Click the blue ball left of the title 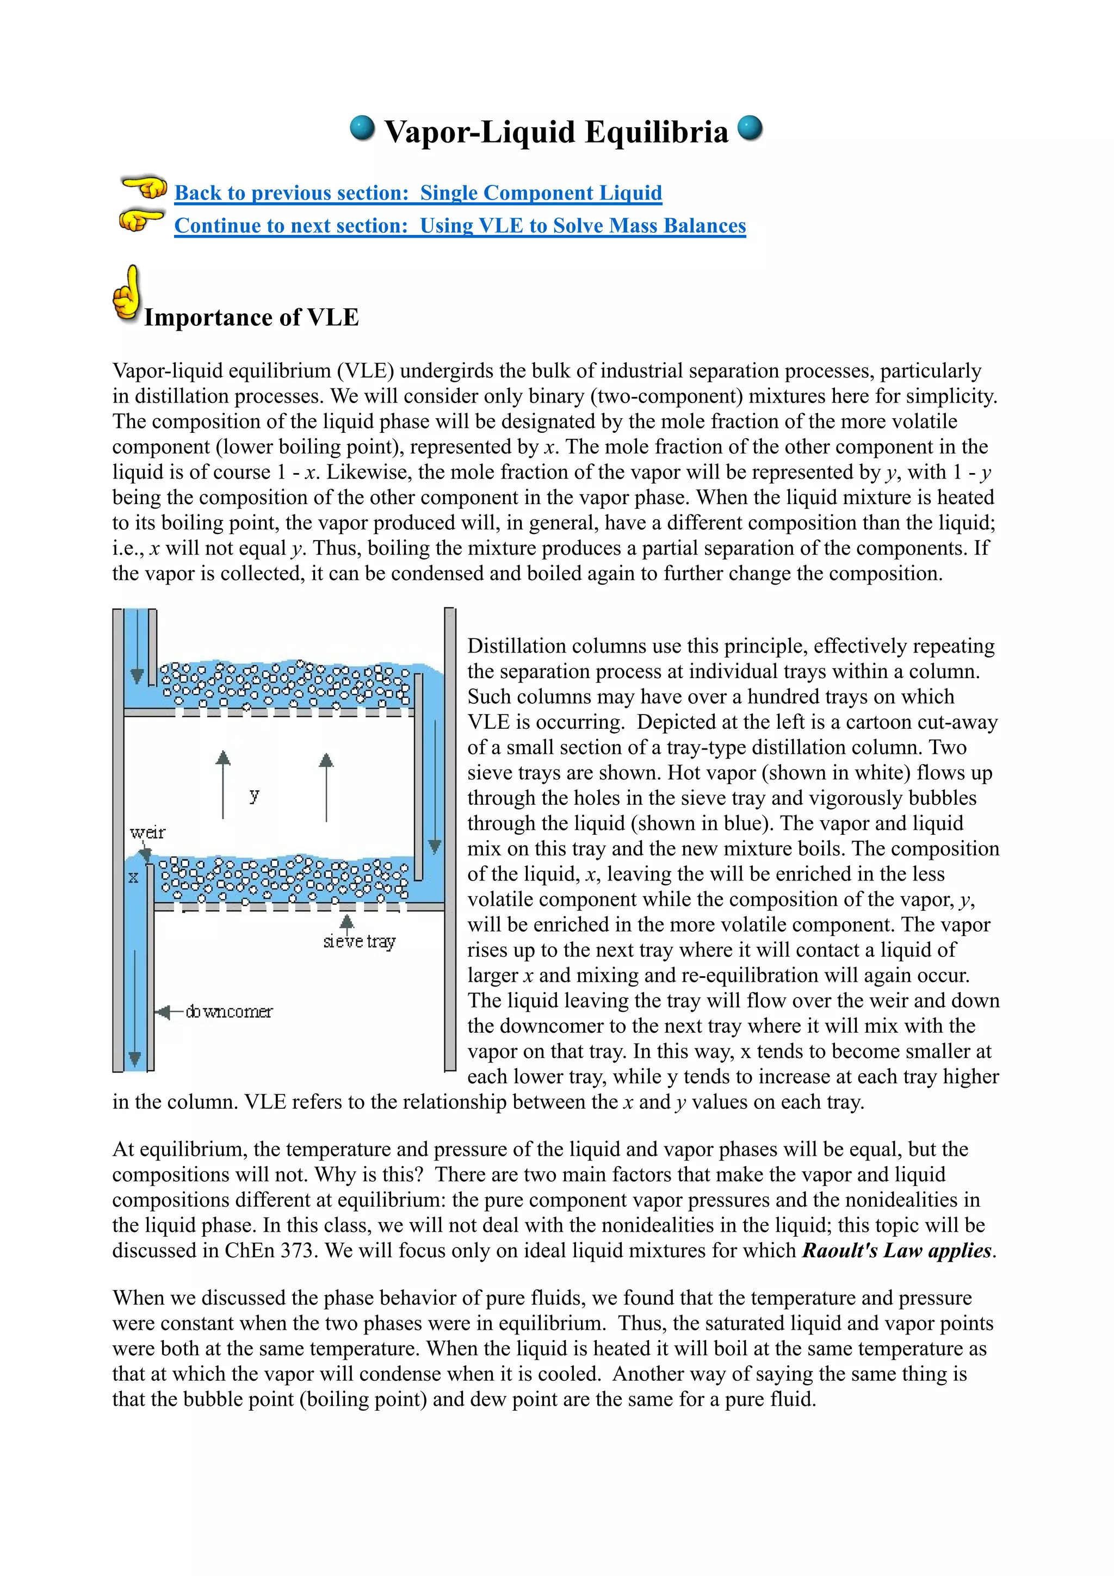click(362, 128)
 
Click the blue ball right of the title click(750, 128)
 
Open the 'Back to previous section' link click(418, 193)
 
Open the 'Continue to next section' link click(460, 226)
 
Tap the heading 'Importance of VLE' click(251, 318)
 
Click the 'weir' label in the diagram click(147, 833)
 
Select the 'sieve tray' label click(359, 942)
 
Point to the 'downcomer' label click(228, 1012)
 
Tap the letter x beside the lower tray click(133, 877)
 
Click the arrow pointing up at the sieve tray click(346, 922)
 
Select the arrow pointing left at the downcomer click(165, 1012)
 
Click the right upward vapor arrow click(326, 786)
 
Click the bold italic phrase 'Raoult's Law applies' click(896, 1251)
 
